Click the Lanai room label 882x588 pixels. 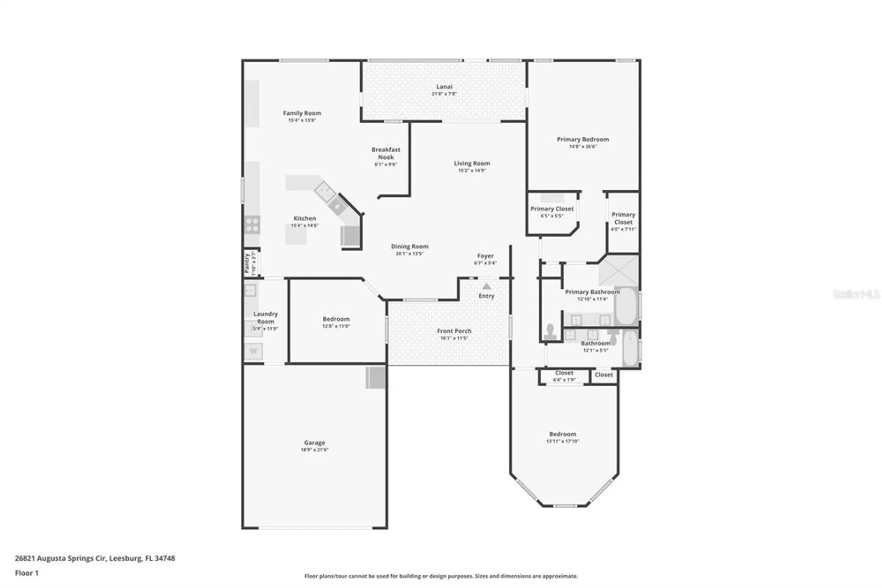[444, 87]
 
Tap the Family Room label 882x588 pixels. [302, 113]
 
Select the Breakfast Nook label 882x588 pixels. [386, 153]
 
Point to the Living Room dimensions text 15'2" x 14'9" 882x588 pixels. [471, 170]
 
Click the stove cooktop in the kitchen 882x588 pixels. [252, 225]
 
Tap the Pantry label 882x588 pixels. [247, 263]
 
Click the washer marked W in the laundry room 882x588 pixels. [253, 351]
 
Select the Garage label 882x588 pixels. [314, 443]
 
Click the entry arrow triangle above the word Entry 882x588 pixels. [486, 286]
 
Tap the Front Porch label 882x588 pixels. [454, 331]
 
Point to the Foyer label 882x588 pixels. [485, 256]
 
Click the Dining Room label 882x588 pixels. [410, 247]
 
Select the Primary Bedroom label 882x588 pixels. [583, 139]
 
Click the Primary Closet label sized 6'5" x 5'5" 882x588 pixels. [552, 209]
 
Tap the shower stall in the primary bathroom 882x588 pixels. [619, 271]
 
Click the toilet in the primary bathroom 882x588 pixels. [550, 332]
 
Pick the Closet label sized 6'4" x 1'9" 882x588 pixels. [564, 373]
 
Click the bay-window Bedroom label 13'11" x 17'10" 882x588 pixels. [562, 434]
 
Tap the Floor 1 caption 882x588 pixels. [27, 573]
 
